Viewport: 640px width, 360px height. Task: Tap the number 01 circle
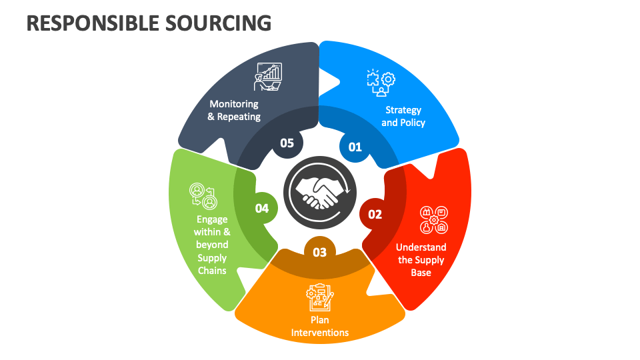coord(355,147)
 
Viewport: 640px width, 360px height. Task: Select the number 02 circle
coord(375,214)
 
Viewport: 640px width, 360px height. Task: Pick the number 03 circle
coord(320,252)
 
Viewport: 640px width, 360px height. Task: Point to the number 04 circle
coord(262,209)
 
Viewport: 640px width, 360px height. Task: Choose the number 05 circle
coord(287,143)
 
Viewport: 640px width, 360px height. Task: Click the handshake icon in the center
coord(320,192)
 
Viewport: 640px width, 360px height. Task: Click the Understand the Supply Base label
coord(422,259)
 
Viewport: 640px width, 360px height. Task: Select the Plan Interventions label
coord(320,326)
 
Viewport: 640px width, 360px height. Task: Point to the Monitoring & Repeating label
coord(234,110)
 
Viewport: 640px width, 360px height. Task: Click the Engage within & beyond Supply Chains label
coord(212,245)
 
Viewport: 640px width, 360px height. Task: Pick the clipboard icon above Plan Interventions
coord(319,297)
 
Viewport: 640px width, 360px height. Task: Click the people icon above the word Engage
coord(203,195)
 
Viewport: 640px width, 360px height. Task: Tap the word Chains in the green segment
coord(212,271)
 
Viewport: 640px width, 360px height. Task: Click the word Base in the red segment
coord(421,272)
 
